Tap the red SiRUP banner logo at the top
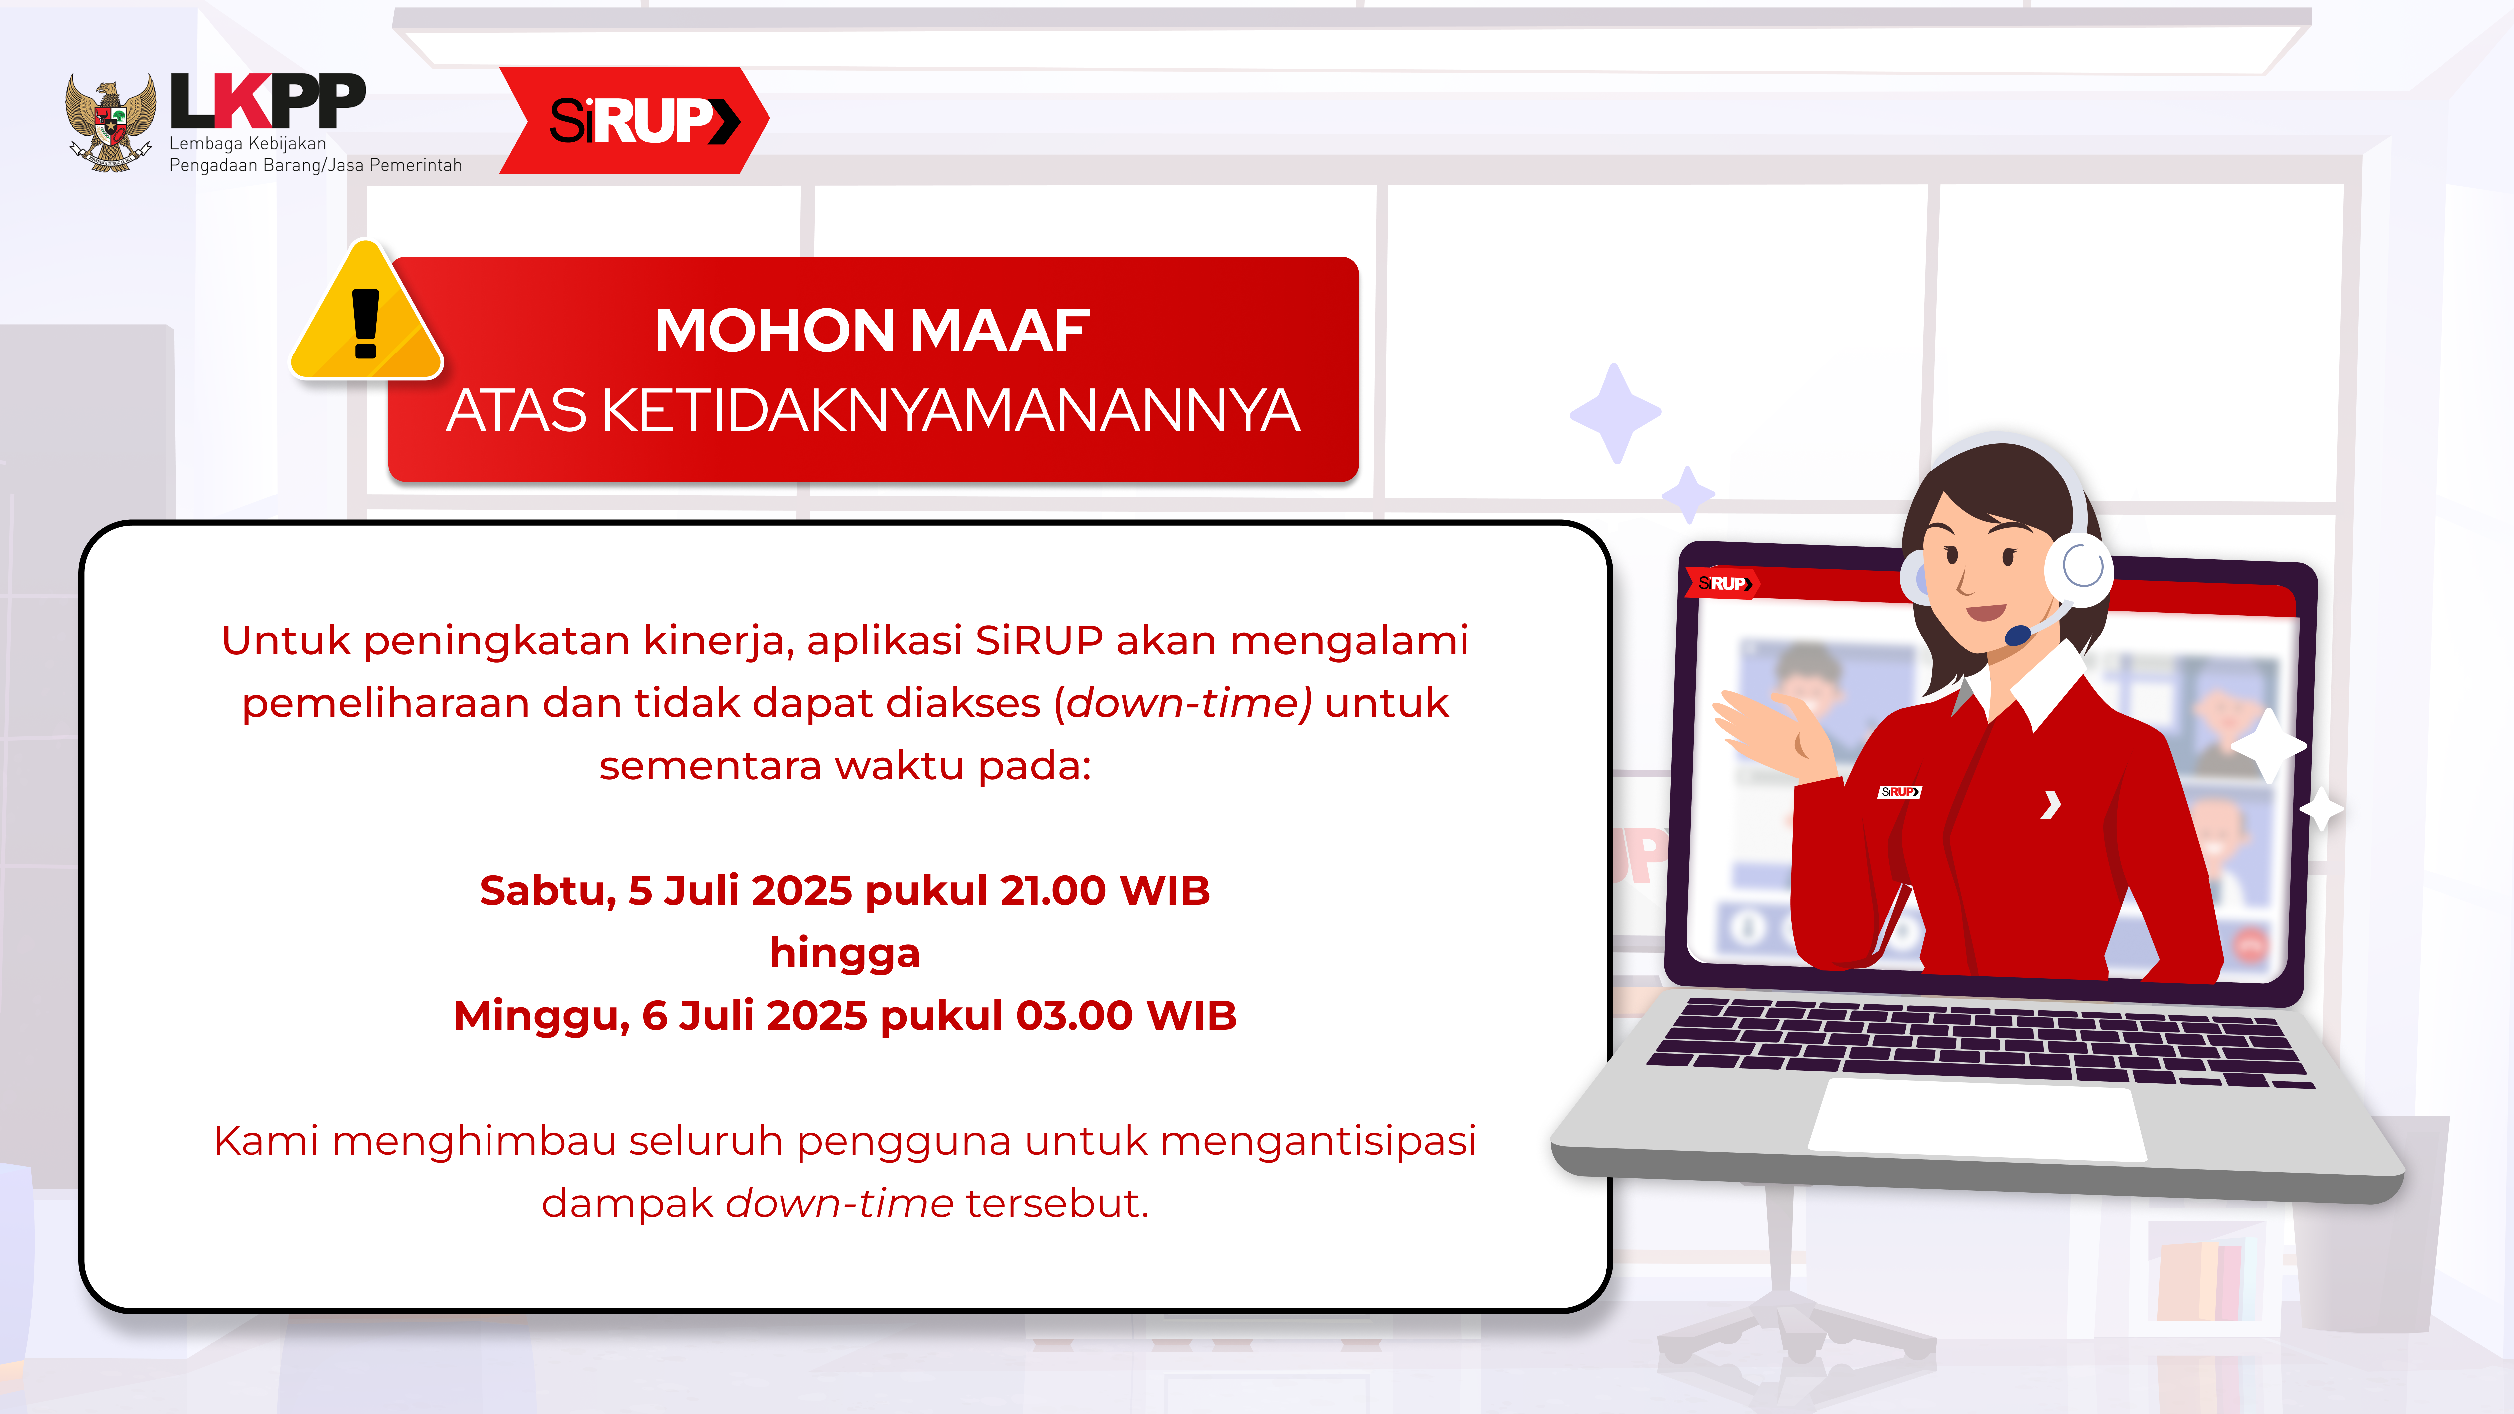click(x=634, y=120)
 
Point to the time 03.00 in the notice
click(x=1074, y=1015)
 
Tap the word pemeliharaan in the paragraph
click(x=386, y=703)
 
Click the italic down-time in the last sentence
click(x=839, y=1202)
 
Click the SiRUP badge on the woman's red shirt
click(x=1899, y=791)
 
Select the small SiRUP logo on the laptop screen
click(x=1723, y=584)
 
